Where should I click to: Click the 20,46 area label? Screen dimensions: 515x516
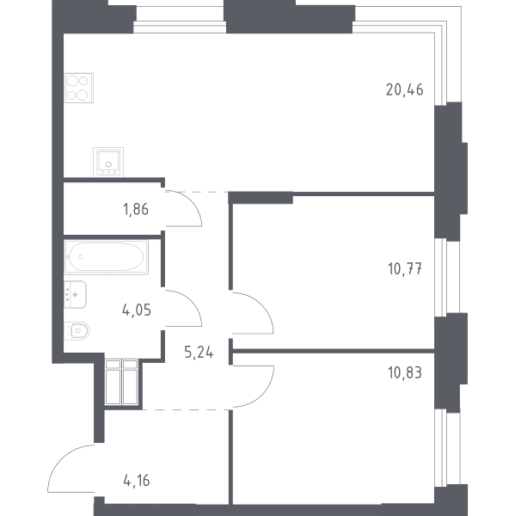[404, 89]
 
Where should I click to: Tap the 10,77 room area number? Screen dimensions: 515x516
[405, 269]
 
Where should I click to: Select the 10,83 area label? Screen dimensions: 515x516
[405, 373]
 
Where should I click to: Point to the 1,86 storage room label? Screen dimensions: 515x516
[136, 209]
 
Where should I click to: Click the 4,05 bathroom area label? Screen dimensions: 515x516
[136, 310]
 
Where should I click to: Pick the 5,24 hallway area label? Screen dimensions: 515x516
[199, 353]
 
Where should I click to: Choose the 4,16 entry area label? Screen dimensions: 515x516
[137, 481]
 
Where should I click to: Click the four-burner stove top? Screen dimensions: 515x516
[79, 88]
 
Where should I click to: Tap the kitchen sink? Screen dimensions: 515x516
[108, 162]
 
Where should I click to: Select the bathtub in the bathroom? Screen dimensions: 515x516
[107, 257]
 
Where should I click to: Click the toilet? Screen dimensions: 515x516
[77, 331]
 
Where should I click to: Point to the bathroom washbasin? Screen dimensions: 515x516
[75, 294]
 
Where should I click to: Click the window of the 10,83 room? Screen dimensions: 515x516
[447, 448]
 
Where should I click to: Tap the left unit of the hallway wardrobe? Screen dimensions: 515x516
[113, 382]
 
